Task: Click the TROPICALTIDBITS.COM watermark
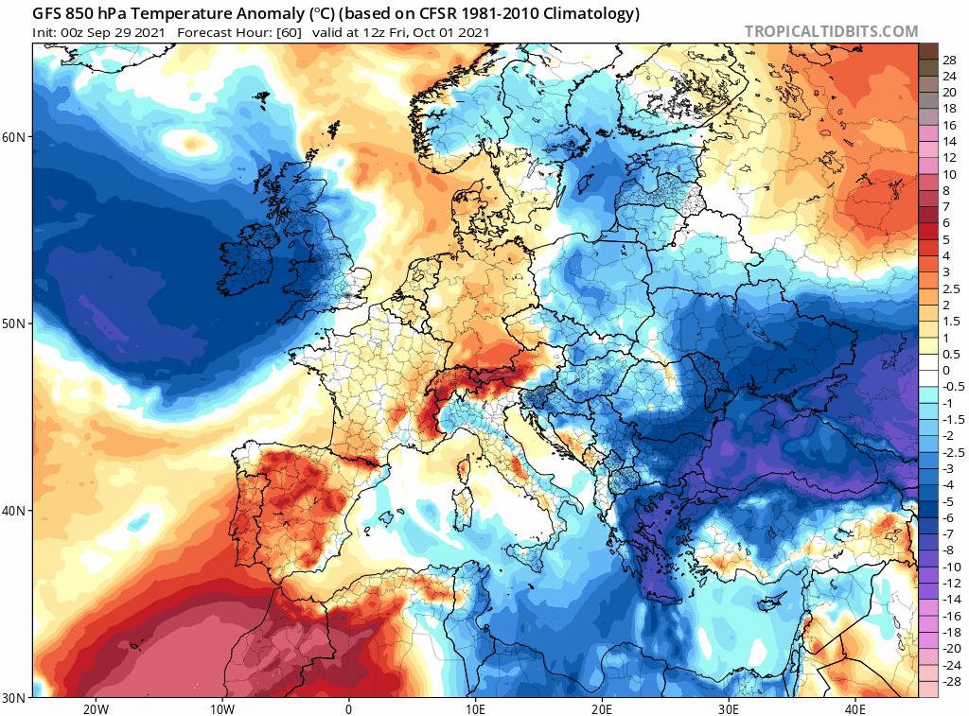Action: [x=831, y=31]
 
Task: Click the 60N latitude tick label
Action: [x=15, y=137]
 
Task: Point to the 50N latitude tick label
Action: [x=15, y=323]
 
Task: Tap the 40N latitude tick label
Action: [x=15, y=511]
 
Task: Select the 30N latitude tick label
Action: [x=15, y=697]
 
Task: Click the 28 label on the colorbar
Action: [x=949, y=60]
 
